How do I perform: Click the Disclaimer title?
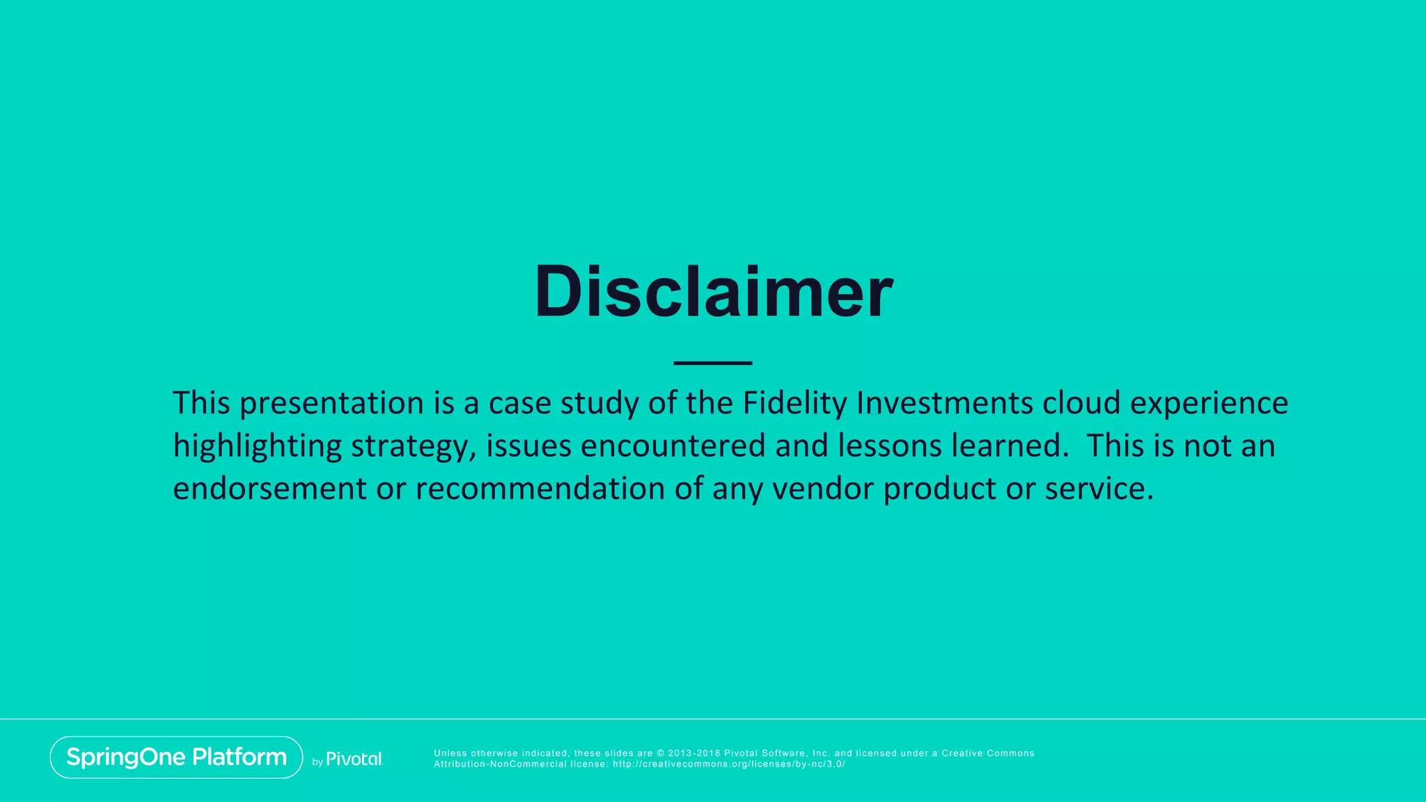tap(713, 292)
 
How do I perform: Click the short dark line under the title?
tap(713, 363)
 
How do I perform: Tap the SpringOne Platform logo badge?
tap(176, 757)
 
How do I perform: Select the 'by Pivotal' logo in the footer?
tap(347, 760)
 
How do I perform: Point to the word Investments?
tap(944, 403)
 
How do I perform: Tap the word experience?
tap(1209, 403)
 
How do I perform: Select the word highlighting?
tap(257, 446)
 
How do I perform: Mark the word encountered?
tap(673, 446)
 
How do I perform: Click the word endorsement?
tap(269, 489)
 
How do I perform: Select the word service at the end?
tap(1099, 489)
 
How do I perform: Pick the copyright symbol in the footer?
tap(661, 753)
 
